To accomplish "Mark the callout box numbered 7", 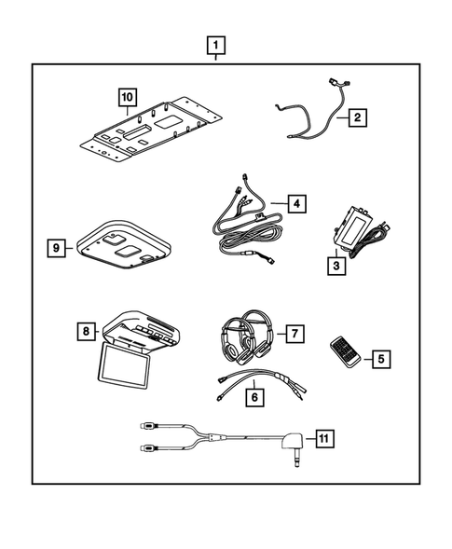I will (x=293, y=333).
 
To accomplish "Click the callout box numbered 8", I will (x=85, y=330).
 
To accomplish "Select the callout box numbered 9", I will (x=59, y=247).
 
